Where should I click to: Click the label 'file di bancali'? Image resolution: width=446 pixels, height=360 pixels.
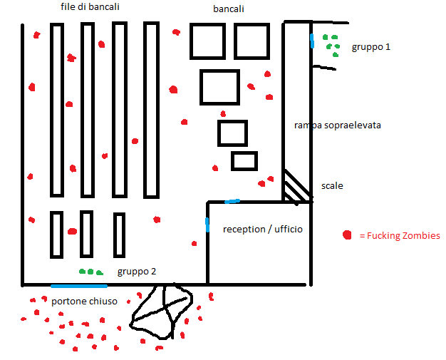coord(90,7)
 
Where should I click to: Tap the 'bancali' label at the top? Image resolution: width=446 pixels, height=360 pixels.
coord(229,10)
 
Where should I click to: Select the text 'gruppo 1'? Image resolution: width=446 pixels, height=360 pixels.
coord(370,47)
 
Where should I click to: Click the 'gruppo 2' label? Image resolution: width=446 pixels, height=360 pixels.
coord(137,272)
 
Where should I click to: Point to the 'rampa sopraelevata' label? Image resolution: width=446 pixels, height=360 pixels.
coord(337,125)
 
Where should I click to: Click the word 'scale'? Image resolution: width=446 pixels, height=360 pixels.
coord(332,186)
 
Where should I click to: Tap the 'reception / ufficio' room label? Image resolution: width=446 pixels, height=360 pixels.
coord(263,229)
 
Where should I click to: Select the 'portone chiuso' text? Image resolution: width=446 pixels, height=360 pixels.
coord(84,302)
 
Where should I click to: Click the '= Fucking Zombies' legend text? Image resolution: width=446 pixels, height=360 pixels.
coord(400,236)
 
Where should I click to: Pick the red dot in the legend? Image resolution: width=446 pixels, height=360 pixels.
coord(347,235)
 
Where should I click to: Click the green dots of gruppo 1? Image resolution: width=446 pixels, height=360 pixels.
coord(331,44)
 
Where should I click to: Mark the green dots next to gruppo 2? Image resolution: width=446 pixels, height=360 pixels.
coord(90,272)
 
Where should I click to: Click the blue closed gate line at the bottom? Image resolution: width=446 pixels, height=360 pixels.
coord(78,286)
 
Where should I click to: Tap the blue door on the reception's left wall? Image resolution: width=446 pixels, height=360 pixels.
coord(207,225)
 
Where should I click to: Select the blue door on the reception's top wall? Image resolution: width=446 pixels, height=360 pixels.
coord(232,202)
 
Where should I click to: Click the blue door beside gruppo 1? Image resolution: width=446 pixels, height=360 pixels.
coord(311,41)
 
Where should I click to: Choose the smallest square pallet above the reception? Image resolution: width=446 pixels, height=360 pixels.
coord(244,161)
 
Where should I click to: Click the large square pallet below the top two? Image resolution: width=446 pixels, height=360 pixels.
coord(219,87)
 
